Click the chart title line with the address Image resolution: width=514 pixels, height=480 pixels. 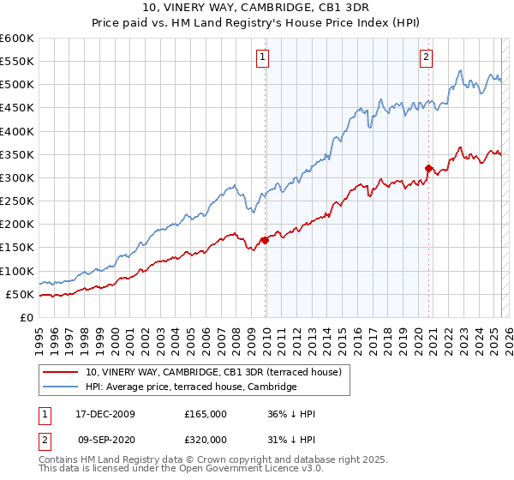coord(257,9)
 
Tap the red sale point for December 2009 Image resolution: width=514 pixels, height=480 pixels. coord(265,240)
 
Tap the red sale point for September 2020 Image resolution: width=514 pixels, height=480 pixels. coord(428,168)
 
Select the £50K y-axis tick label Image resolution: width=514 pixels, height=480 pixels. coord(21,294)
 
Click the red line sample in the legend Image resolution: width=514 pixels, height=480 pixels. coord(61,372)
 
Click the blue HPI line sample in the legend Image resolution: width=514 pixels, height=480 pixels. coord(61,387)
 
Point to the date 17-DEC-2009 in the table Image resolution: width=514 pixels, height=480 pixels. coord(105,414)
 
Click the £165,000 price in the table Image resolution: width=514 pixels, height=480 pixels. coord(206,414)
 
